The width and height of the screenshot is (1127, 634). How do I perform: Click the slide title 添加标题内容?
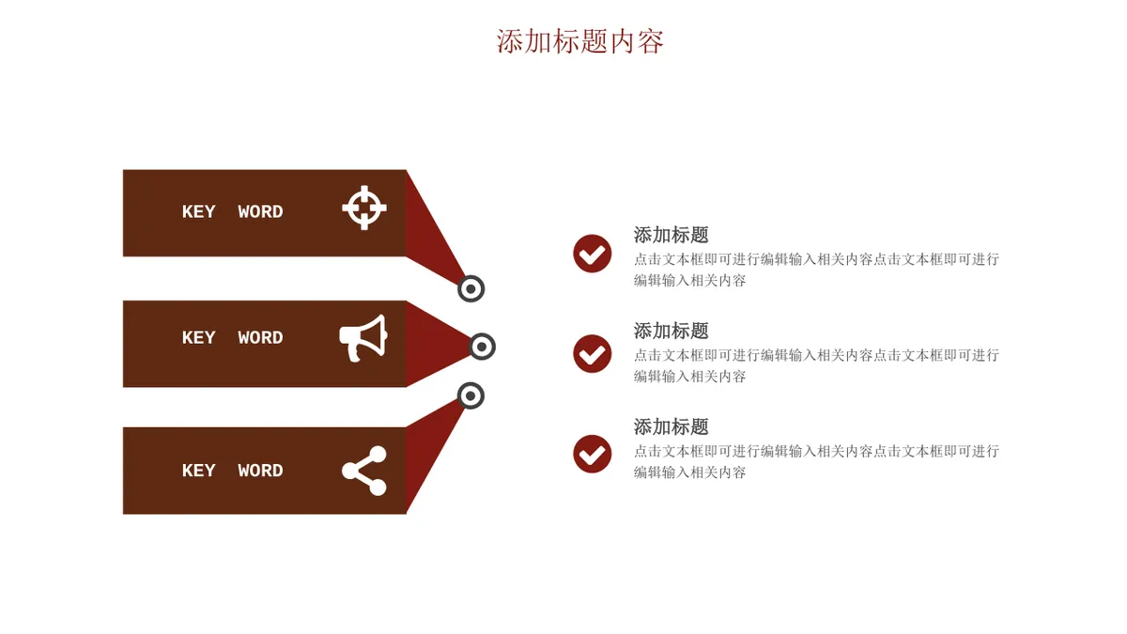pyautogui.click(x=580, y=41)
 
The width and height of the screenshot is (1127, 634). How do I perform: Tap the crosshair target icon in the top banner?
pyautogui.click(x=364, y=208)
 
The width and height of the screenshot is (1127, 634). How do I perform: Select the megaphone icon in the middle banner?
pyautogui.click(x=363, y=338)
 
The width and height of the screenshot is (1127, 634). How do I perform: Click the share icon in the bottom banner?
pyautogui.click(x=364, y=471)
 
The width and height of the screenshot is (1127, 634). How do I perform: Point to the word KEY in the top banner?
pyautogui.click(x=199, y=212)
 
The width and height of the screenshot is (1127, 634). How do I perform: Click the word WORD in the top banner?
pyautogui.click(x=261, y=212)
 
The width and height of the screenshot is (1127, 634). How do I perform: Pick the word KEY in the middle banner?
pyautogui.click(x=199, y=337)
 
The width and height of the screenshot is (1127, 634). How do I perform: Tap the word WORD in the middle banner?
pyautogui.click(x=261, y=337)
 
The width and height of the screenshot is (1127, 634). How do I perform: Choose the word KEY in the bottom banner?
pyautogui.click(x=199, y=471)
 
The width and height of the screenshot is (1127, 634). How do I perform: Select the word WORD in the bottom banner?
pyautogui.click(x=261, y=471)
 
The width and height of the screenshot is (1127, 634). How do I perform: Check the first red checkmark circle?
pyautogui.click(x=593, y=254)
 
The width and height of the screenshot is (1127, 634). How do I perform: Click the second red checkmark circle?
pyautogui.click(x=593, y=354)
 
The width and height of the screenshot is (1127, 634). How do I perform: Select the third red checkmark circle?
pyautogui.click(x=593, y=454)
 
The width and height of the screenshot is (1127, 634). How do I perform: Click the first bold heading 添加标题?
pyautogui.click(x=672, y=235)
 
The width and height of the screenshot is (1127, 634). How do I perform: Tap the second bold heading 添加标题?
pyautogui.click(x=672, y=331)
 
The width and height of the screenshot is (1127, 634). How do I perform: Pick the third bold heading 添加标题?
pyautogui.click(x=672, y=427)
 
